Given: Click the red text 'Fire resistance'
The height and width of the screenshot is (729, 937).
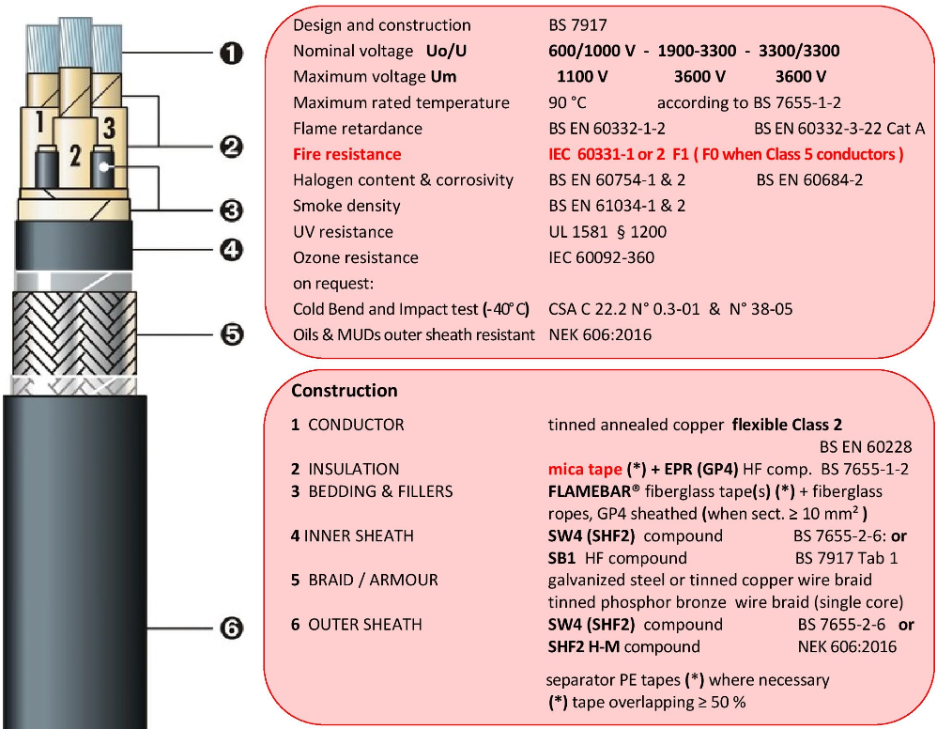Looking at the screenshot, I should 346,154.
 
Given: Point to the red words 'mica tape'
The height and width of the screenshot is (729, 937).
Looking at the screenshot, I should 584,469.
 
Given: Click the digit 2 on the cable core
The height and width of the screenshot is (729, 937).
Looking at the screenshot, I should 74,156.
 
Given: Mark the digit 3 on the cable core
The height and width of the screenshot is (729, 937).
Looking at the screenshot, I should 109,126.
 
